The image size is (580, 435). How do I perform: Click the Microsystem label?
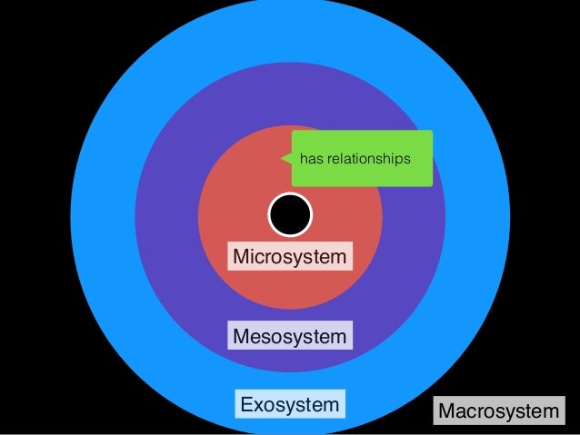click(290, 257)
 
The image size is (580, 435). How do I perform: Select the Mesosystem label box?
click(290, 337)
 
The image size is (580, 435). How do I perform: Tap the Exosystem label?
click(288, 403)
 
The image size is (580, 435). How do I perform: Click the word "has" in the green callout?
click(311, 160)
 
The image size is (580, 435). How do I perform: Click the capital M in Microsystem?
click(242, 257)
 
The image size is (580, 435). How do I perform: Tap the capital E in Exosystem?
click(245, 403)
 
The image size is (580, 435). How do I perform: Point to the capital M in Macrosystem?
click(446, 413)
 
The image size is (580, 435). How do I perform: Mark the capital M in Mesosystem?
click(242, 337)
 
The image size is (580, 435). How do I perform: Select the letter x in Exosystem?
click(257, 404)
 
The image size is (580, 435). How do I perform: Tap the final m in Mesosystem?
click(338, 338)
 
